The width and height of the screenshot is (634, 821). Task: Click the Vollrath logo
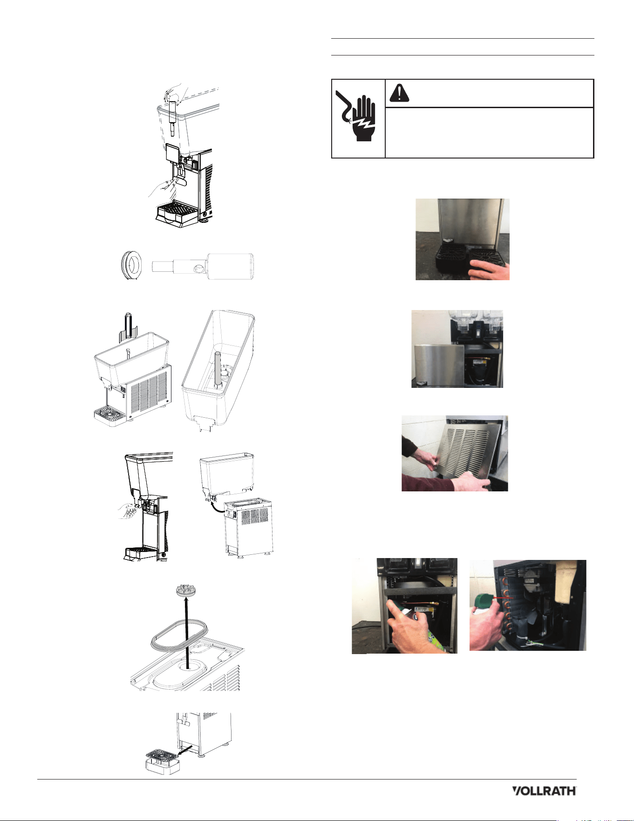[x=544, y=791]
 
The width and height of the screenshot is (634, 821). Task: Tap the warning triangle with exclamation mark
[x=399, y=93]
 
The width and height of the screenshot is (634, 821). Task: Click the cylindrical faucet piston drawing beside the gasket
[x=203, y=267]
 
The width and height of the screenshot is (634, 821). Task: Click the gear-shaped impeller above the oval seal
[x=186, y=591]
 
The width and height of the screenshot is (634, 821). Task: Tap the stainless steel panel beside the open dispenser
[x=438, y=366]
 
